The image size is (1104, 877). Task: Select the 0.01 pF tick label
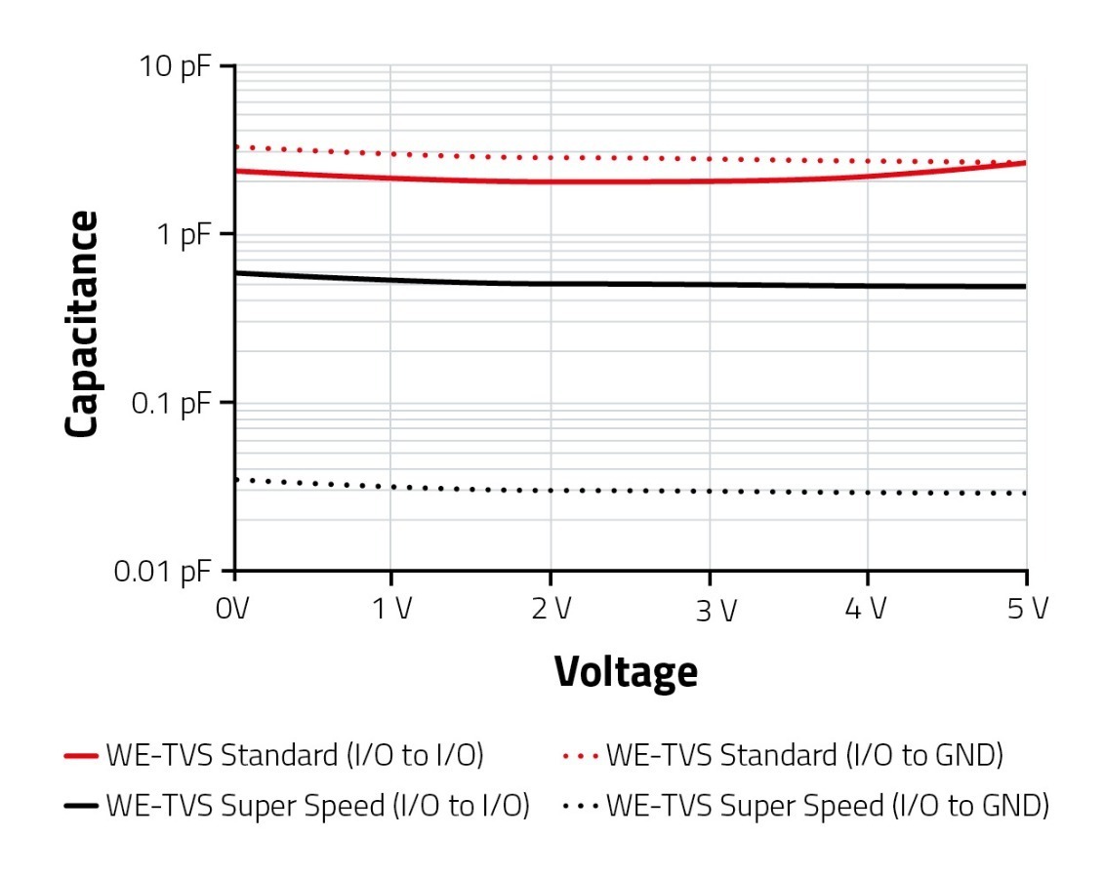[x=165, y=573]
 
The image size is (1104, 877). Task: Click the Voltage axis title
[x=626, y=672]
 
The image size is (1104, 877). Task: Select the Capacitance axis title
[x=83, y=325]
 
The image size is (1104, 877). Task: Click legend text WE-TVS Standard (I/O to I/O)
[x=295, y=755]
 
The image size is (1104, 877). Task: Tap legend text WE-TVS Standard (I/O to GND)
[x=804, y=755]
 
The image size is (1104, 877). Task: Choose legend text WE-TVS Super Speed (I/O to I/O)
[x=317, y=806]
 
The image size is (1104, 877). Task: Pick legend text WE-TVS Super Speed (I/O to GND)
[x=827, y=806]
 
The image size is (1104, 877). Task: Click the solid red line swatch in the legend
[x=81, y=756]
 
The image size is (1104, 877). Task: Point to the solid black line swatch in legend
[x=81, y=807]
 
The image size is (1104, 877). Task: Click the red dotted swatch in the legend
[x=582, y=756]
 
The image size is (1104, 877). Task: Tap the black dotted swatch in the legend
[x=582, y=807]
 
